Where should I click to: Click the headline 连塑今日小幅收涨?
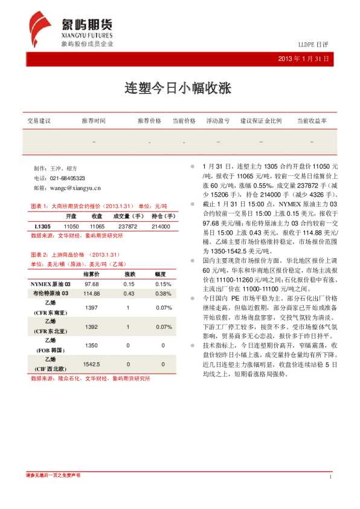[x=179, y=87]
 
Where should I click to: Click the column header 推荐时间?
[x=94, y=121]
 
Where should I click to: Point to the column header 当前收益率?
[x=312, y=121]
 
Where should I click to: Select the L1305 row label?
[x=42, y=226]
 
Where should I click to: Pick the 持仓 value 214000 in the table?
[x=161, y=226]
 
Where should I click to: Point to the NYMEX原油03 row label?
[x=54, y=284]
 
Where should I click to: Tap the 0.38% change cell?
[x=163, y=293]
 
